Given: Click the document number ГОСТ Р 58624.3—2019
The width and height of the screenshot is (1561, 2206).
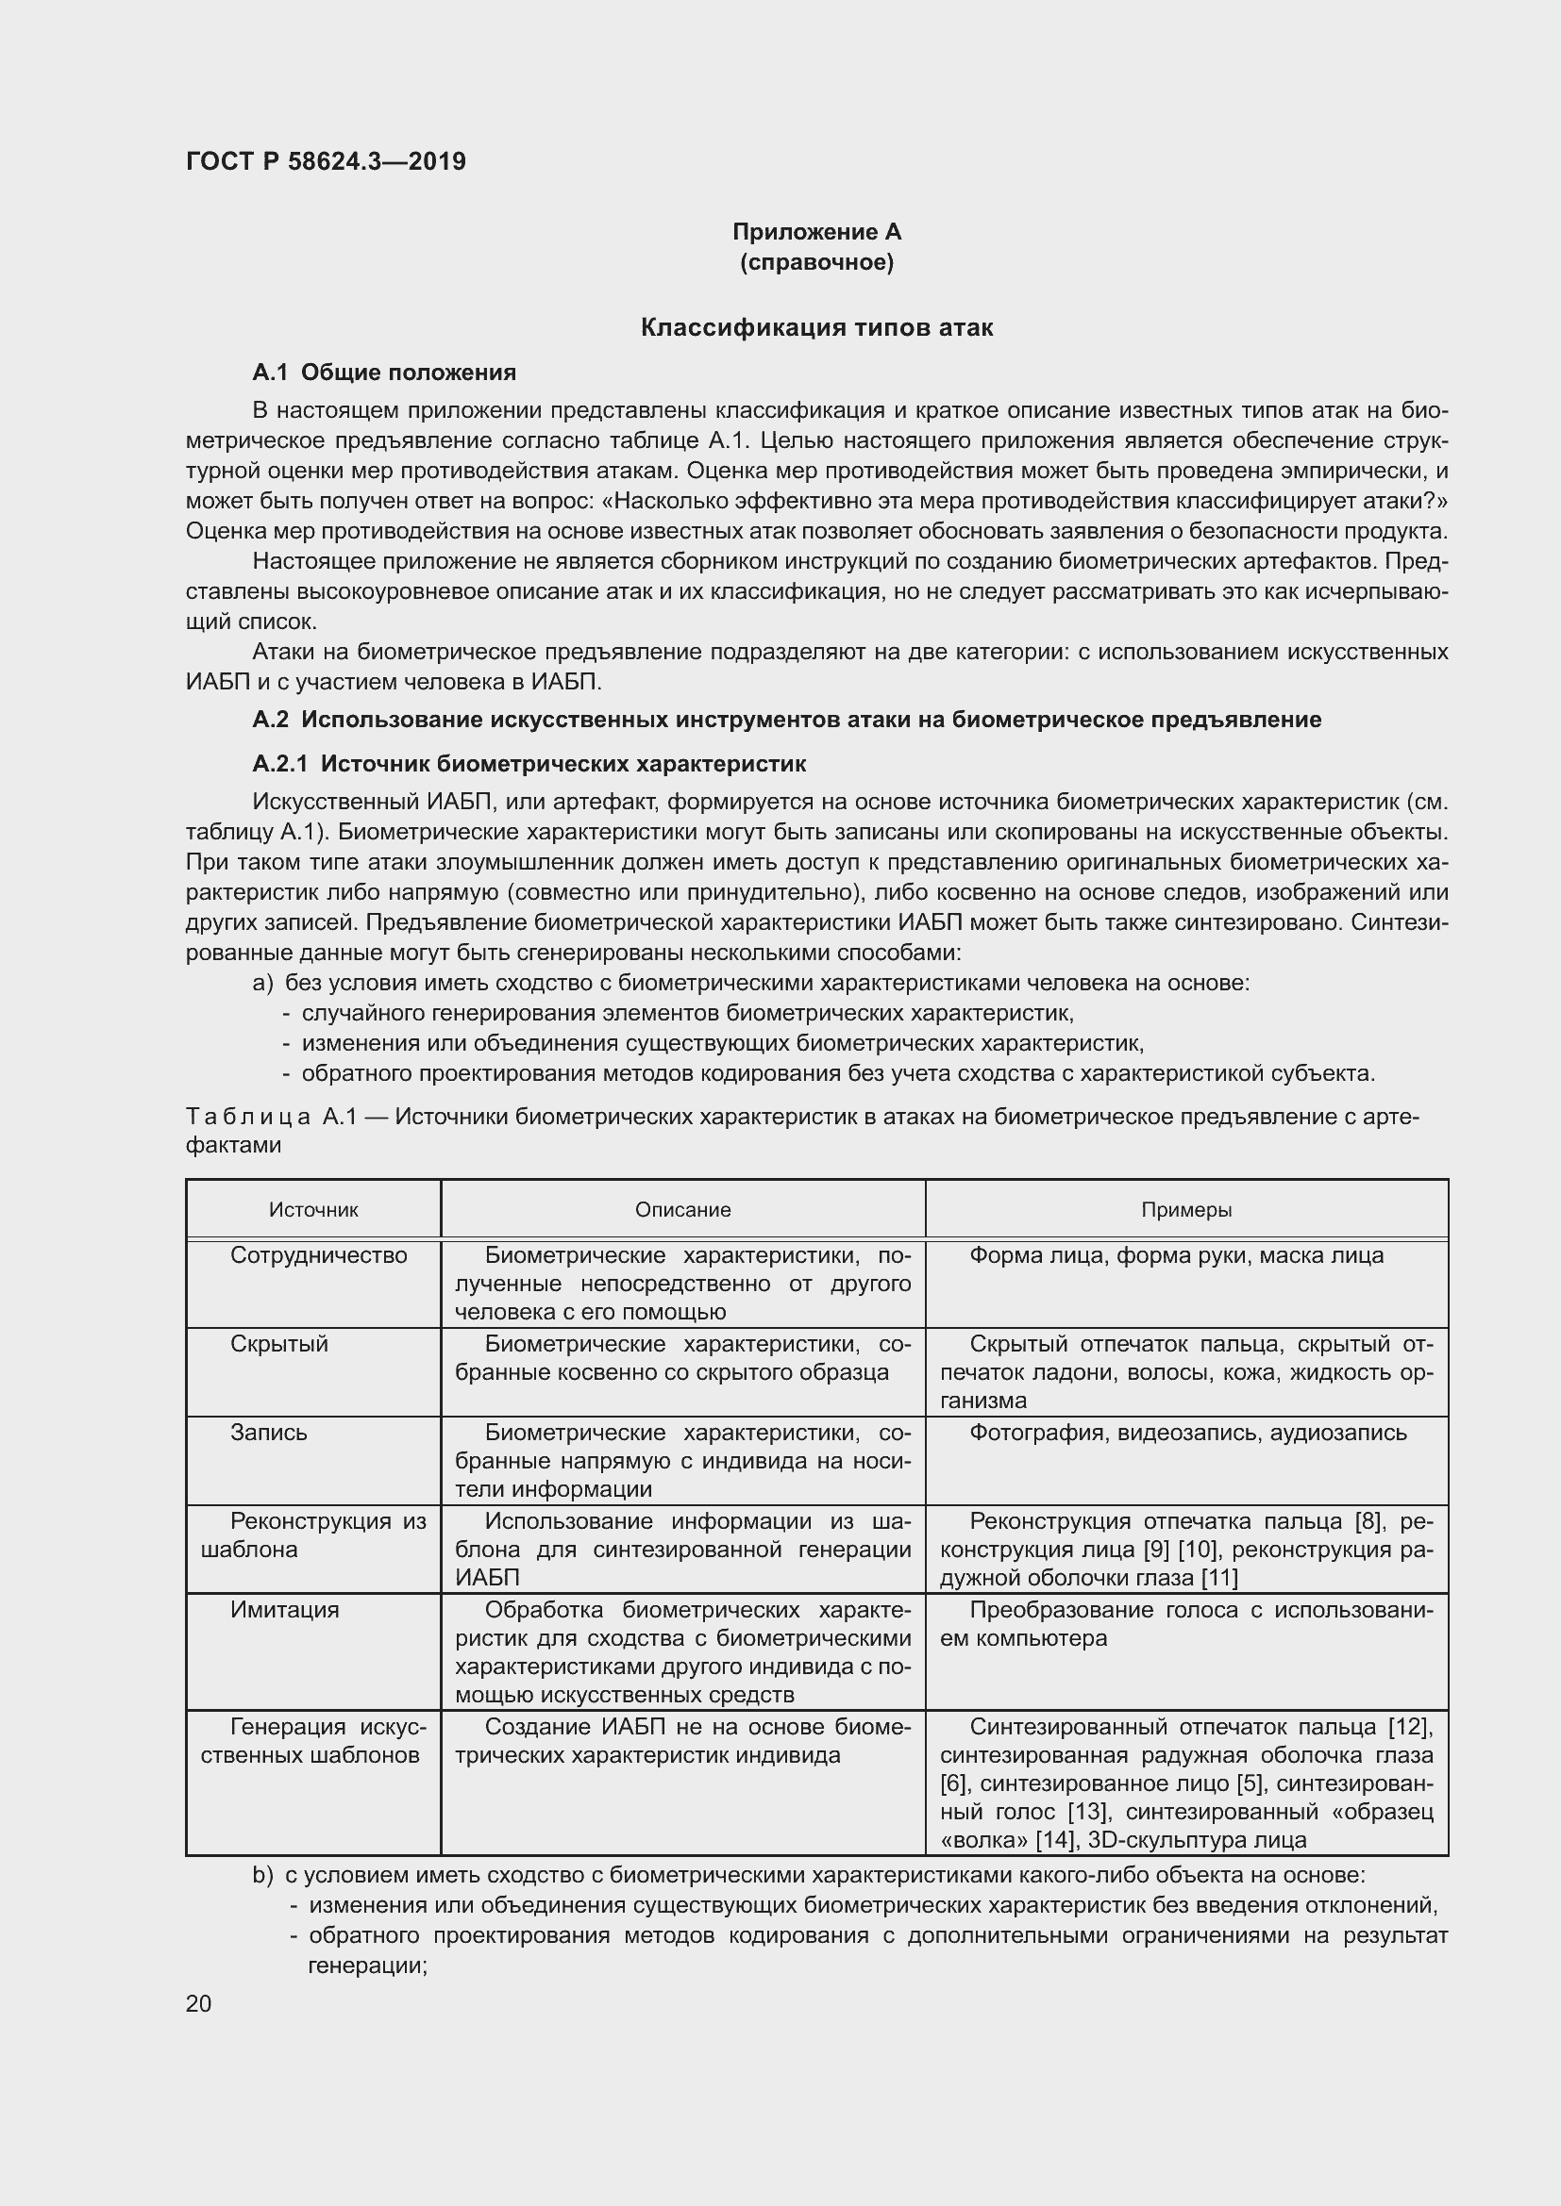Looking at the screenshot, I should [326, 161].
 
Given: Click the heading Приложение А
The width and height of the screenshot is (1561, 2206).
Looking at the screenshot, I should [816, 232].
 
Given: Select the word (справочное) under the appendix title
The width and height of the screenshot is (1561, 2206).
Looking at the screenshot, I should [816, 262].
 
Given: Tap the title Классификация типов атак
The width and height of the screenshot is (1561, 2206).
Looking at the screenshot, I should [816, 327].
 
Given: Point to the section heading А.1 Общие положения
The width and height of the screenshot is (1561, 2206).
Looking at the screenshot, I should [383, 373].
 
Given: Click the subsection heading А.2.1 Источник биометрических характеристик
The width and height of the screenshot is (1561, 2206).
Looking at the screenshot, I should [529, 764].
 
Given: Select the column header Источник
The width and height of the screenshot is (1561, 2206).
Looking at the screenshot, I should [313, 1210].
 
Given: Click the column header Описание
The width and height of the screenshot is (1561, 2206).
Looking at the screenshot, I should [682, 1210].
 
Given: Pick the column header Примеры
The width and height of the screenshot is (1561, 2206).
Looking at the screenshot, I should [1186, 1210].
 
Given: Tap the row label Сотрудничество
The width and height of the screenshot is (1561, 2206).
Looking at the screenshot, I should [318, 1255].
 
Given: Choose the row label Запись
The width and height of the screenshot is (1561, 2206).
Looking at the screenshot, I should [268, 1433].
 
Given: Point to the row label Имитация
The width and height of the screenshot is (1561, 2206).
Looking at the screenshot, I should [284, 1609].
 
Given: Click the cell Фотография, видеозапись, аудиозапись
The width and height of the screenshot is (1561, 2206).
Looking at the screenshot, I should [1188, 1433].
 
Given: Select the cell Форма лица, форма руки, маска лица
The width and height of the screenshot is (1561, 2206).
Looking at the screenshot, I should [1177, 1255].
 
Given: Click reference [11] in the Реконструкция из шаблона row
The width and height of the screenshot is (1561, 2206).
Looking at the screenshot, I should [1218, 1578].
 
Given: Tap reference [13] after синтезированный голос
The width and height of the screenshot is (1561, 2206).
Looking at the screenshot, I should [1089, 1812].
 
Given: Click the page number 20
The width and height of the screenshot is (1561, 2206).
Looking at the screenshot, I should [198, 2003].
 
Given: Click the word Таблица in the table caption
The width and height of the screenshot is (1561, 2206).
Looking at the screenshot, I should [247, 1117].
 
